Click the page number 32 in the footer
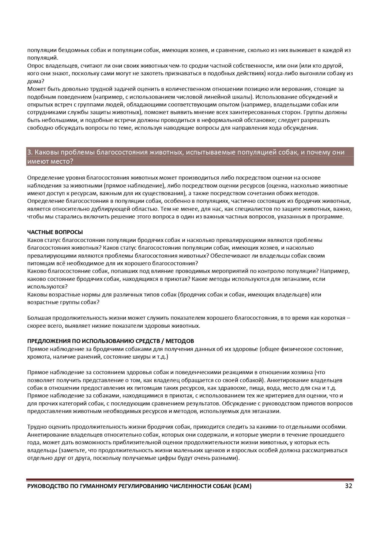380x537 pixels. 348,486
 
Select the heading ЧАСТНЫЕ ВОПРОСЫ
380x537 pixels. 55,232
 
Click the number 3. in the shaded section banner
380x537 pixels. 30,152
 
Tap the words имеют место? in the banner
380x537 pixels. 50,161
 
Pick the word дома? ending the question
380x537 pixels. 36,81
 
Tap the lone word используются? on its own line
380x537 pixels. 47,287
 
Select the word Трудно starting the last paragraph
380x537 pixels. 36,427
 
